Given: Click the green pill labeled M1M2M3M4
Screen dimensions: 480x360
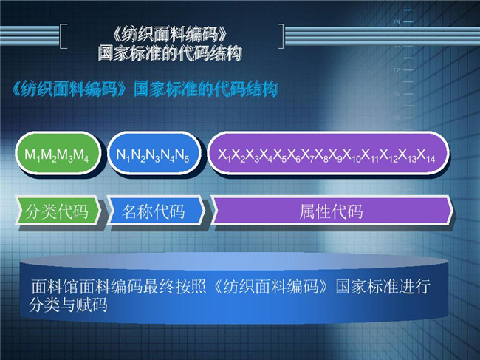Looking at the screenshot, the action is click(58, 153).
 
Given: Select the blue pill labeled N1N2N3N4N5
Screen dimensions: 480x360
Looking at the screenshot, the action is click(154, 153).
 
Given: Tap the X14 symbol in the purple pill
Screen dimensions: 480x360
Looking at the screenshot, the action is click(426, 155).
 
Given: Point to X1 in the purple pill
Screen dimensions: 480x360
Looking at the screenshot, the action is click(224, 155).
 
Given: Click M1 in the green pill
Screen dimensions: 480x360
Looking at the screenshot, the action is click(32, 155).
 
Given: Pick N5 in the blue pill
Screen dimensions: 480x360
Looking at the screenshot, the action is click(182, 155).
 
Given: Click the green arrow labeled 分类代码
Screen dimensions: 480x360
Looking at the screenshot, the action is click(58, 211).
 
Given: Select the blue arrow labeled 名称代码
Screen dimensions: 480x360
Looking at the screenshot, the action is click(156, 211).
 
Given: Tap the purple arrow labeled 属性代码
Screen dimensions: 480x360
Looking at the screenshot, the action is click(332, 211).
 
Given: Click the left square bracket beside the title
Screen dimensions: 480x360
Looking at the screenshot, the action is click(61, 36).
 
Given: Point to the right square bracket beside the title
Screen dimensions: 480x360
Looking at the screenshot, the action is click(282, 36).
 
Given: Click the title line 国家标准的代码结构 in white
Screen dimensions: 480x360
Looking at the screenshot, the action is click(170, 53).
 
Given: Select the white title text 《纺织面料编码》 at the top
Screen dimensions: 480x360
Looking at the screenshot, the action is click(170, 34).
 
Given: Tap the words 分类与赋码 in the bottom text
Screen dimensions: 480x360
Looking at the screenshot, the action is click(68, 305).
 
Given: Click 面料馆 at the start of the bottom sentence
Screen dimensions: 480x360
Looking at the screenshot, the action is click(55, 287).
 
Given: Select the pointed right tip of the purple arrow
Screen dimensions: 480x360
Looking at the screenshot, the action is click(453, 211).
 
